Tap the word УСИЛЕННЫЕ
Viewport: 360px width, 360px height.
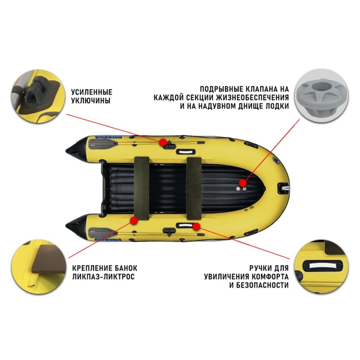pyautogui.click(x=91, y=92)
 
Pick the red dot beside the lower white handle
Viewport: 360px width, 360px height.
pyautogui.click(x=196, y=226)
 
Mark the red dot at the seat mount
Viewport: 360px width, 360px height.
pyautogui.click(x=134, y=220)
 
